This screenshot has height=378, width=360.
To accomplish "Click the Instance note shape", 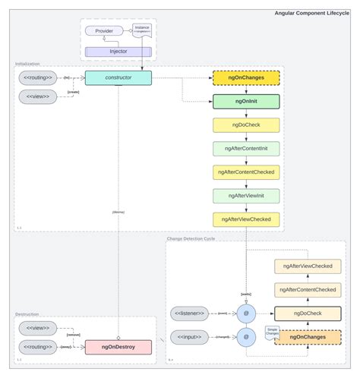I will coord(142,30).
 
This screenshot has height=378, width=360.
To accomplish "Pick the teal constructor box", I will coord(118,77).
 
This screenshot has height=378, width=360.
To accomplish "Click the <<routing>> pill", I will coord(39,77).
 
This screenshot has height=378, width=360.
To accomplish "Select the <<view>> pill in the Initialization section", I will coord(39,97).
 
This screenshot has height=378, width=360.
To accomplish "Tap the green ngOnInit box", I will coord(246,101).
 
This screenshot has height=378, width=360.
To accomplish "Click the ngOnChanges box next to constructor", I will coord(246,77).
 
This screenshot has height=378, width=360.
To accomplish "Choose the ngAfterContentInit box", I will coord(246,148).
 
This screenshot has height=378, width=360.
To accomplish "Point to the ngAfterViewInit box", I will coord(246,195).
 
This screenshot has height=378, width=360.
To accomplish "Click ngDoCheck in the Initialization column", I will coord(246,124).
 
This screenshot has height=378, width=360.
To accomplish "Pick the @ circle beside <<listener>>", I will coord(246,312).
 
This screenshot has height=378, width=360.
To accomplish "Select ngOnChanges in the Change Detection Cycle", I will coord(308,336).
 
